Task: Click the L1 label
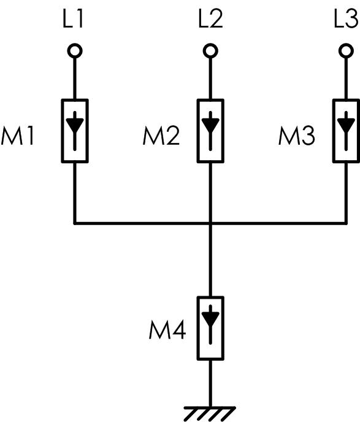[x=72, y=20]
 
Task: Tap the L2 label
[x=210, y=20]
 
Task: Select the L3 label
[x=347, y=20]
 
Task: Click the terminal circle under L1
[x=75, y=50]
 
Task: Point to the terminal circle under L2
[x=210, y=50]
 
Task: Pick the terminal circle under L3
[x=346, y=50]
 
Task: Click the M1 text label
[x=18, y=136]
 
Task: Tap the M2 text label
[x=161, y=136]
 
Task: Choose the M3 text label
[x=296, y=136]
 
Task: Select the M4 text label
[x=167, y=330]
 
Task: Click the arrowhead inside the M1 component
[x=75, y=125]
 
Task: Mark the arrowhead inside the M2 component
[x=210, y=125]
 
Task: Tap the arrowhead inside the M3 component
[x=346, y=125]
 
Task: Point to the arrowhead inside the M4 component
[x=210, y=319]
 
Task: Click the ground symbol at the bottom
[x=210, y=414]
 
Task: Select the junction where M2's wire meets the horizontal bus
[x=210, y=223]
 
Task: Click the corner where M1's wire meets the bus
[x=75, y=223]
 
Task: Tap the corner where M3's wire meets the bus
[x=346, y=223]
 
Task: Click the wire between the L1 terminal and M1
[x=75, y=79]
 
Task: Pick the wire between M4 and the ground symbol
[x=210, y=383]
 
